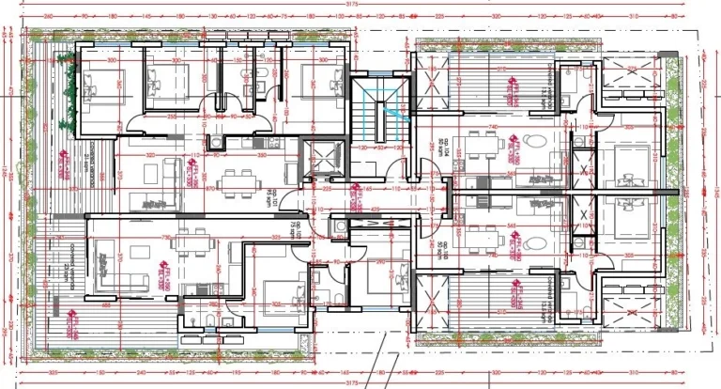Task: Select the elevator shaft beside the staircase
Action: pos(321,156)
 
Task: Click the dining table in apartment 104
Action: pos(483,146)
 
